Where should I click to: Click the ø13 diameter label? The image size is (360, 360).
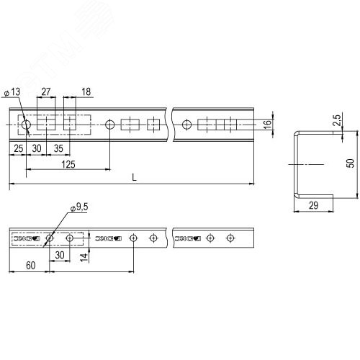point(14,92)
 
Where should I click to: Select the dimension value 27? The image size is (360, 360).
point(45,92)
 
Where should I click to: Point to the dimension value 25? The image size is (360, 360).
point(18,148)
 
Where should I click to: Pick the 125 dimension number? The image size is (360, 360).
point(68,166)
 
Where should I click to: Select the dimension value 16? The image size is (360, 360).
point(267,124)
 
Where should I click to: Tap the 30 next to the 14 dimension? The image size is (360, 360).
point(60,255)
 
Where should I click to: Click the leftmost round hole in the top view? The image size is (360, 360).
point(26,125)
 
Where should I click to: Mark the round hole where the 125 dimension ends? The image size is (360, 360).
point(109,125)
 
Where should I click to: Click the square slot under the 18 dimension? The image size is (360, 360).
point(71,125)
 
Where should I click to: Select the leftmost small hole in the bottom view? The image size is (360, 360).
point(49,238)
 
